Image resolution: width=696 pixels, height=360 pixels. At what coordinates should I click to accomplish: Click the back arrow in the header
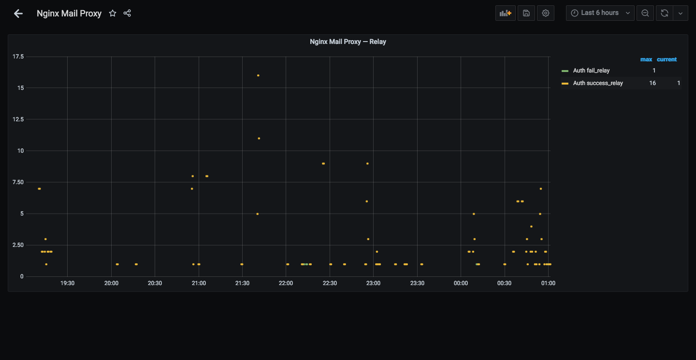[x=18, y=14]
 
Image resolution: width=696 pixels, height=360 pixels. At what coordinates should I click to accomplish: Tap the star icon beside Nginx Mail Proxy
[x=113, y=13]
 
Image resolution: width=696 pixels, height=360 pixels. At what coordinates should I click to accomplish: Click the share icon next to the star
[x=127, y=13]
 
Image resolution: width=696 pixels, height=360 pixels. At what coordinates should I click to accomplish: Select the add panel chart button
[x=505, y=13]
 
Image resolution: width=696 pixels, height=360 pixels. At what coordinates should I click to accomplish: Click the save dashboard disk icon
[x=526, y=13]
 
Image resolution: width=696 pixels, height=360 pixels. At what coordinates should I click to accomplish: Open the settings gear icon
[x=546, y=13]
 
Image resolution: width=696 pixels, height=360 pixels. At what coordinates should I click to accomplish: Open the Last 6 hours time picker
[x=600, y=13]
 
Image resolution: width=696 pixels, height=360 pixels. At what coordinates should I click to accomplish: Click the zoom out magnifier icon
[x=645, y=13]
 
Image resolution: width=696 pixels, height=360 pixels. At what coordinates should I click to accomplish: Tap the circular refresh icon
[x=664, y=13]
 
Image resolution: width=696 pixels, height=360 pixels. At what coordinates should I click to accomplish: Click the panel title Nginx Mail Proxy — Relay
[x=348, y=42]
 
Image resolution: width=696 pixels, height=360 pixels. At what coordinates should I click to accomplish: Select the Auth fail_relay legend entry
[x=591, y=71]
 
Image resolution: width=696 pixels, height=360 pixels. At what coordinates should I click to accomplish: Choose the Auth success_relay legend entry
[x=598, y=83]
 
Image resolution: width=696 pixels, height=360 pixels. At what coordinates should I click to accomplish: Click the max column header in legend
[x=646, y=59]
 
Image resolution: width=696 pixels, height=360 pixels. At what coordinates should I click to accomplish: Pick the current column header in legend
[x=667, y=59]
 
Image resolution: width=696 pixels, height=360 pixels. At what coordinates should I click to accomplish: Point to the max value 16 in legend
[x=652, y=83]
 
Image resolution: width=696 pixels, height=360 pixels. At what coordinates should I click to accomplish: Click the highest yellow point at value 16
[x=258, y=75]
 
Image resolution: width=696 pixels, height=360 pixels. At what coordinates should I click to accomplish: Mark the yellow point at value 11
[x=259, y=138]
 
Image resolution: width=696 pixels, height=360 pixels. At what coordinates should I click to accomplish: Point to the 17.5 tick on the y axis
[x=18, y=57]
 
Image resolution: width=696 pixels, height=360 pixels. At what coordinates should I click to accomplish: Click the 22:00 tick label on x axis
[x=286, y=283]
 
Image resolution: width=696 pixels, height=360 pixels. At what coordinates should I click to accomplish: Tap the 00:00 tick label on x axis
[x=461, y=283]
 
